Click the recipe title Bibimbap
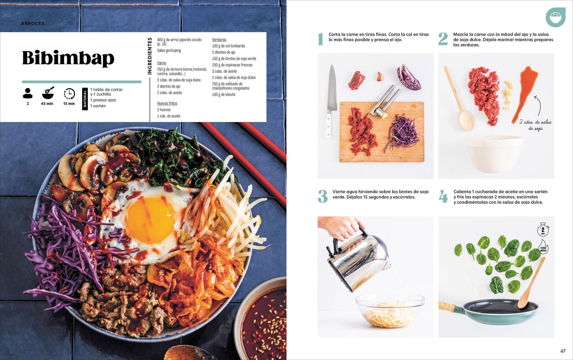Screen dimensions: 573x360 (x=68, y=58)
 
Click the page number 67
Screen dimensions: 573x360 (x=563, y=351)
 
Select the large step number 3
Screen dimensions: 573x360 (x=323, y=196)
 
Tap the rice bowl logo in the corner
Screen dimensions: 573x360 (x=555, y=17)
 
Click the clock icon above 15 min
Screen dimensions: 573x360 (x=69, y=94)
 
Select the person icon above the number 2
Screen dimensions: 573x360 (x=28, y=93)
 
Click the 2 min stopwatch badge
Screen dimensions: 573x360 (x=543, y=230)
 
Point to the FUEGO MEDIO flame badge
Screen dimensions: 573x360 (x=543, y=248)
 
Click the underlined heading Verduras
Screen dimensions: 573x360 (x=219, y=40)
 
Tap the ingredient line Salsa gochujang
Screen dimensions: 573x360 (x=169, y=50)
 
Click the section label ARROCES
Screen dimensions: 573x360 (x=33, y=23)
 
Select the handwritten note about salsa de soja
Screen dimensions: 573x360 (x=535, y=125)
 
